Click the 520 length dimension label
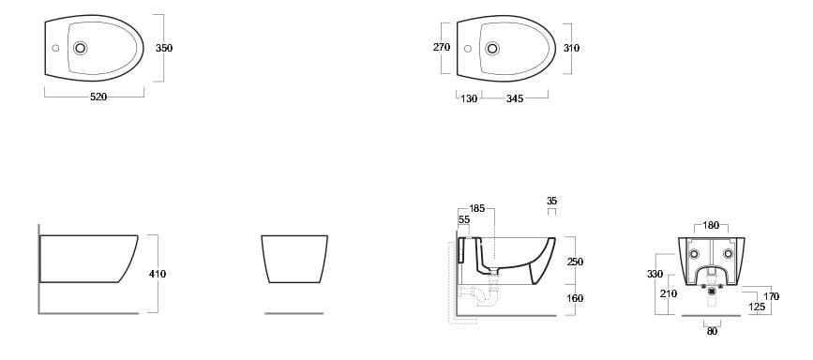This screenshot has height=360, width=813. pyautogui.click(x=98, y=97)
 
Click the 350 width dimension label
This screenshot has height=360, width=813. pyautogui.click(x=164, y=48)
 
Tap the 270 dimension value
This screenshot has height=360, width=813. pyautogui.click(x=442, y=47)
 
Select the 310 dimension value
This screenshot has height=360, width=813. pyautogui.click(x=571, y=48)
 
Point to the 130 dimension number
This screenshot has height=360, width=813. pyautogui.click(x=469, y=98)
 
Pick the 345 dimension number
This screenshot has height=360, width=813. pyautogui.click(x=515, y=98)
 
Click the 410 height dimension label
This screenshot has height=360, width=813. pyautogui.click(x=158, y=274)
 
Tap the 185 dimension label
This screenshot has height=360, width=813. pyautogui.click(x=477, y=208)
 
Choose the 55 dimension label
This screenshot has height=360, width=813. pyautogui.click(x=464, y=220)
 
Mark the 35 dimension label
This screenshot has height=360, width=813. pyautogui.click(x=551, y=201)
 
